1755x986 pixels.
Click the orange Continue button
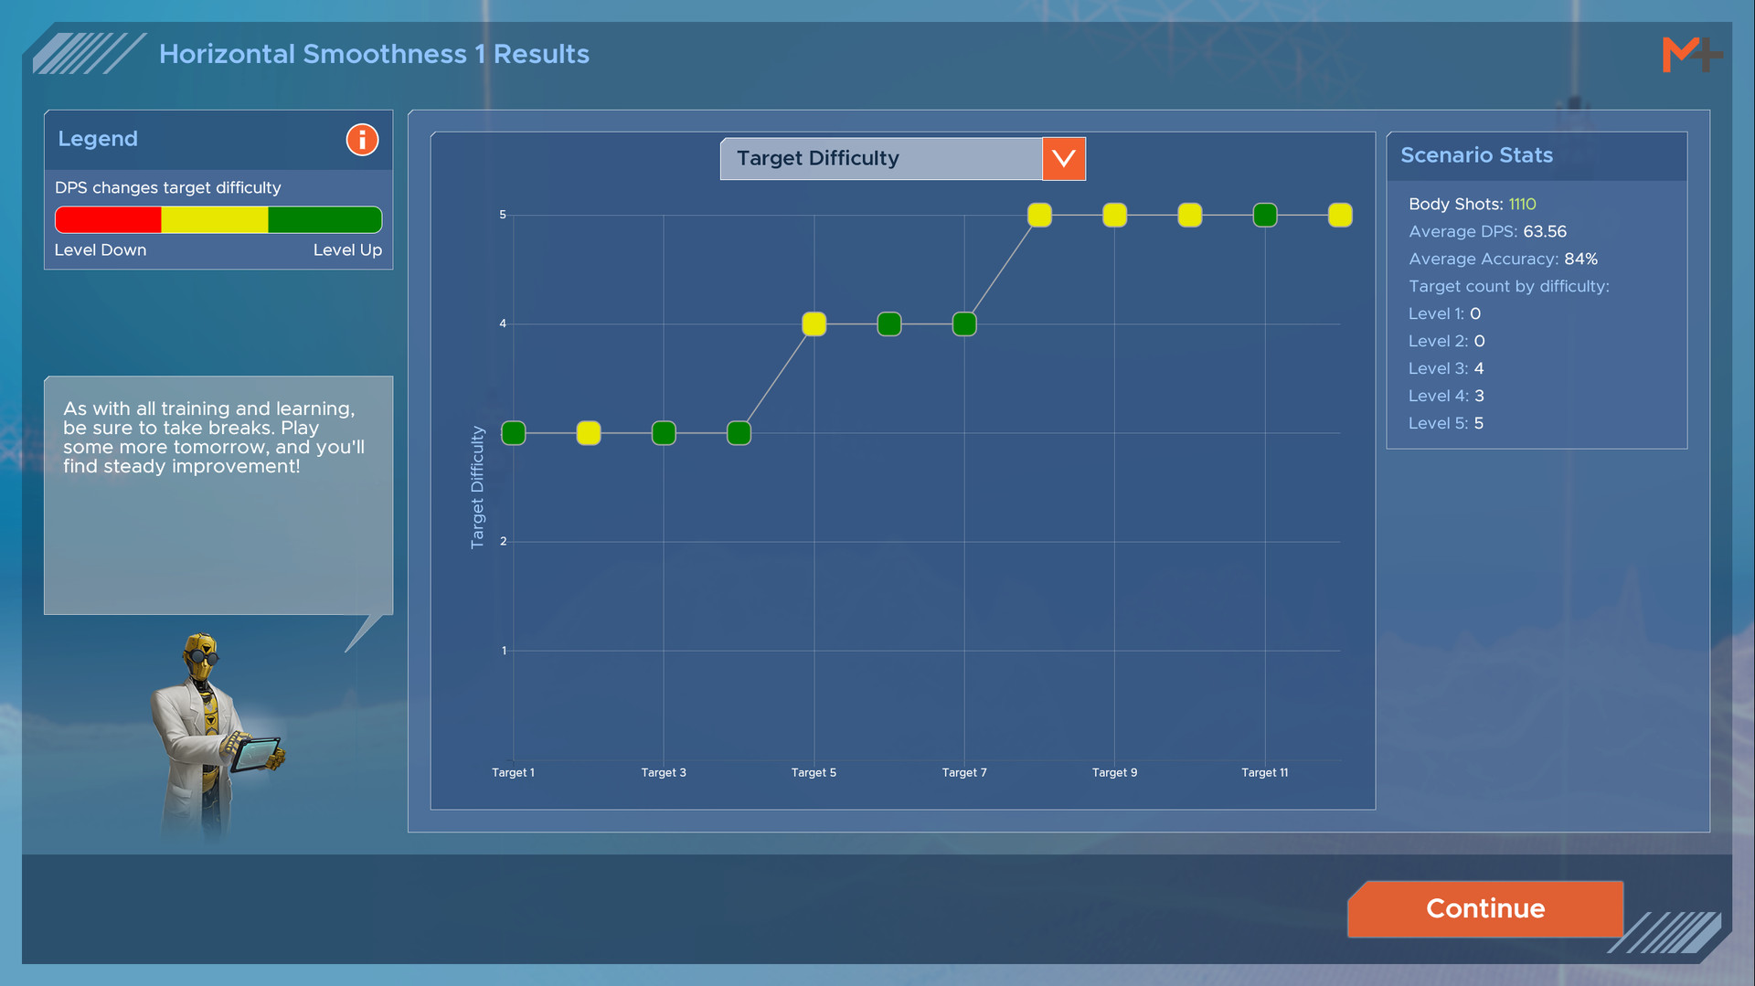[x=1485, y=908]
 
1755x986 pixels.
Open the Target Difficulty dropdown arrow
[x=1064, y=159]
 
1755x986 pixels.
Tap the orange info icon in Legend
[x=362, y=140]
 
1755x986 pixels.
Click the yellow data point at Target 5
[x=814, y=324]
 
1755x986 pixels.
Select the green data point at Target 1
[x=514, y=433]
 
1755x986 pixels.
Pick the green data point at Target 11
[x=1265, y=216]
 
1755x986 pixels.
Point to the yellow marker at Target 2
[x=589, y=433]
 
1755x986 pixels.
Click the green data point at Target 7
[x=964, y=324]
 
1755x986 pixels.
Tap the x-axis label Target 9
[x=1114, y=773]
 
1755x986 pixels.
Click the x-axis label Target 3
[x=664, y=773]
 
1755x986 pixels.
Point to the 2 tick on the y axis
[x=503, y=542]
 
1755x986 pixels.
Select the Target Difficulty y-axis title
[x=477, y=487]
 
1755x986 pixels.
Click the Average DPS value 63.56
[x=1545, y=232]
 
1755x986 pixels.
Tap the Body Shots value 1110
[x=1522, y=205]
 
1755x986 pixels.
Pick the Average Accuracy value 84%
[x=1580, y=260]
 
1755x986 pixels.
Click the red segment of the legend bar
[x=108, y=220]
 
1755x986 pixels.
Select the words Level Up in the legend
[x=347, y=250]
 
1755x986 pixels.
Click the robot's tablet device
[x=256, y=754]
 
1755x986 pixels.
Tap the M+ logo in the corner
[x=1691, y=55]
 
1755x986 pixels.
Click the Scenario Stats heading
[x=1476, y=155]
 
